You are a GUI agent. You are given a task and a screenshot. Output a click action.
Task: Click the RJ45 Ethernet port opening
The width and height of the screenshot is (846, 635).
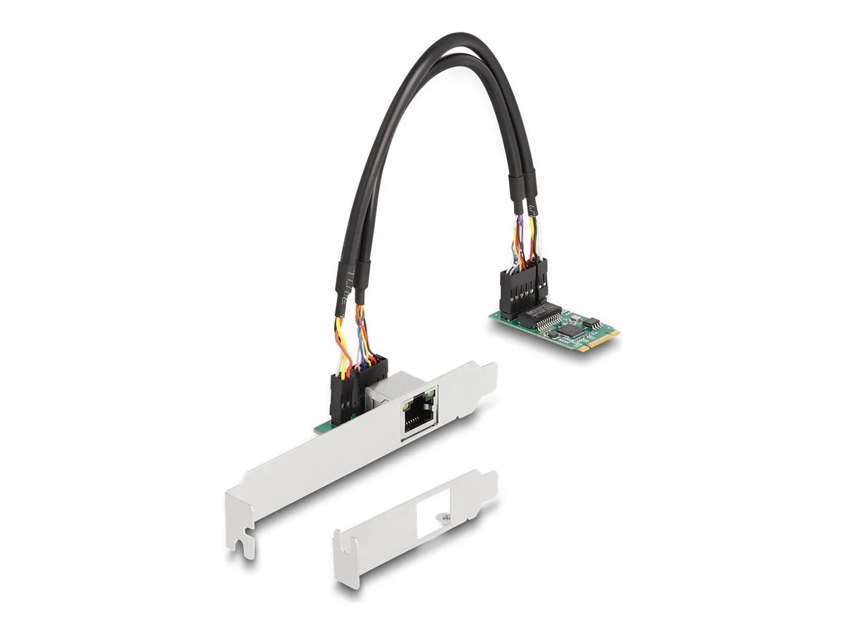pos(419,421)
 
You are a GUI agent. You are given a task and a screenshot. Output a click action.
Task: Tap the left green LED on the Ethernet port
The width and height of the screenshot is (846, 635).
pos(407,407)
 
